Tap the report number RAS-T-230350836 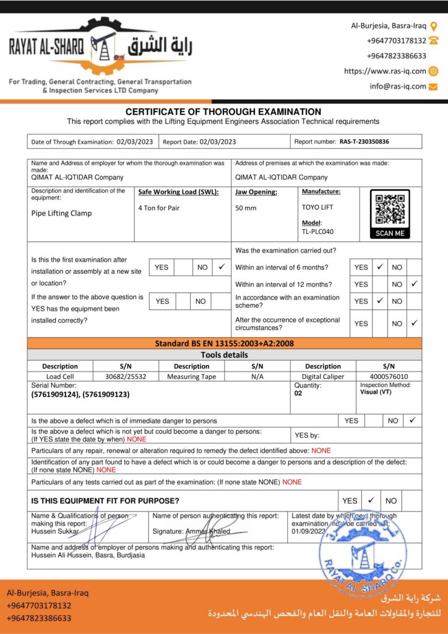pyautogui.click(x=364, y=142)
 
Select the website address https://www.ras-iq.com pyautogui.click(x=385, y=71)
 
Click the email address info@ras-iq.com pyautogui.click(x=398, y=86)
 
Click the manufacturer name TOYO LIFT pyautogui.click(x=317, y=207)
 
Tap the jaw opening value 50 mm pyautogui.click(x=246, y=208)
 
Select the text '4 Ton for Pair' pyautogui.click(x=159, y=208)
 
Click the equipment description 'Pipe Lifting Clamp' pyautogui.click(x=61, y=213)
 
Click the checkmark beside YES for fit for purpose pyautogui.click(x=370, y=500)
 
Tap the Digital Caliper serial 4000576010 pyautogui.click(x=389, y=376)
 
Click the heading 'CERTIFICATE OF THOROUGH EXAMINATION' pyautogui.click(x=223, y=111)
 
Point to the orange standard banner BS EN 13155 pyautogui.click(x=225, y=343)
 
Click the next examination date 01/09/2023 pyautogui.click(x=308, y=531)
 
